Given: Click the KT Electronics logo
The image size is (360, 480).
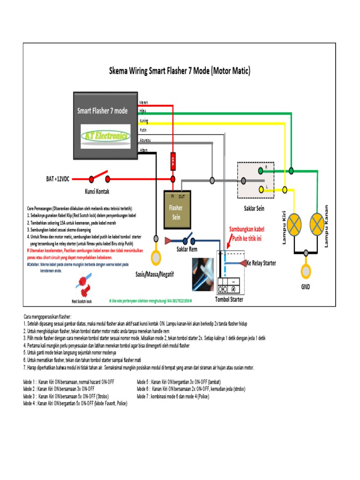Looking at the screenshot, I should point(105,135).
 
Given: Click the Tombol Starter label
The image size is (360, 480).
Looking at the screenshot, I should point(229,300).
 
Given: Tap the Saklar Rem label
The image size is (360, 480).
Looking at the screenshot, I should point(187,249).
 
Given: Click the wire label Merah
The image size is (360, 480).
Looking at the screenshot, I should point(144,102).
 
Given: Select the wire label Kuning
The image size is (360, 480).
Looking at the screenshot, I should point(144,121).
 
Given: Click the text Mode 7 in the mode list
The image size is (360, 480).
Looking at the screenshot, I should point(144,396).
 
